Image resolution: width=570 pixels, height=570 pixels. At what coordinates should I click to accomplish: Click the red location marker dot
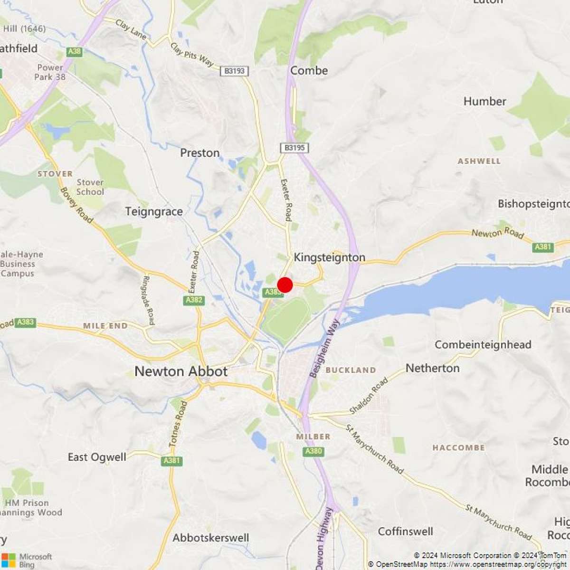(285, 285)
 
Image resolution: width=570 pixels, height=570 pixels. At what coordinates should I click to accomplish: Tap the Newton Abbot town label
(181, 371)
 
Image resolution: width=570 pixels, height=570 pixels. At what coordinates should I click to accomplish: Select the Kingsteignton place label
(330, 257)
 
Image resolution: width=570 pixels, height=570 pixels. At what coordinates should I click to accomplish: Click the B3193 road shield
(234, 71)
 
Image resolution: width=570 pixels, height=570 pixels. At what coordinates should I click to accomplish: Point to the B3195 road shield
(294, 148)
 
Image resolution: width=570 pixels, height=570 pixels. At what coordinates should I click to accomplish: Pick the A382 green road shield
(194, 300)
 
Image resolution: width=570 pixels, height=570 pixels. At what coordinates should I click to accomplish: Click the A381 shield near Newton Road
(543, 247)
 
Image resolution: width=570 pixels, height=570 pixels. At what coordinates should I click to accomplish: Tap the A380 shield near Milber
(313, 451)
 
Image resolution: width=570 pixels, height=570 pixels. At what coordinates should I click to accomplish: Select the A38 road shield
(74, 51)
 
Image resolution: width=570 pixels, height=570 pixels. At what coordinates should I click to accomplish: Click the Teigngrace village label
(154, 211)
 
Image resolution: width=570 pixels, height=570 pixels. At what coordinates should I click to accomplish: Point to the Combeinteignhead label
(483, 344)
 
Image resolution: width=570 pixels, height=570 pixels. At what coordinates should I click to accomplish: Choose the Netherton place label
(432, 368)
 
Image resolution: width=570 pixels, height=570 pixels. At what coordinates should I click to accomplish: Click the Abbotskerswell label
(210, 538)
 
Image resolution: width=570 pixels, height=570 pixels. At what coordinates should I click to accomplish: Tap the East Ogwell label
(97, 457)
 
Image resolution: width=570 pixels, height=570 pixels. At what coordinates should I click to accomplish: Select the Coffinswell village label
(406, 531)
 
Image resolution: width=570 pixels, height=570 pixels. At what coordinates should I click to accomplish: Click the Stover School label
(90, 187)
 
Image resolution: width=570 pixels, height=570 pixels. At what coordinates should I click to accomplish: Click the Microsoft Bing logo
(27, 560)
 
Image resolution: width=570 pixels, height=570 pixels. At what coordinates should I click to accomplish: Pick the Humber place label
(484, 101)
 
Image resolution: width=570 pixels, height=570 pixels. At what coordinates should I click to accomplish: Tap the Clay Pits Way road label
(192, 55)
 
